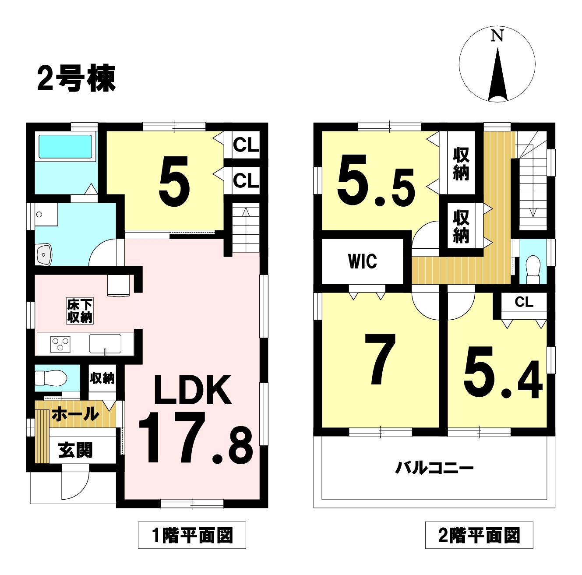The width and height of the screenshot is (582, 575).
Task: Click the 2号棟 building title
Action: [76, 78]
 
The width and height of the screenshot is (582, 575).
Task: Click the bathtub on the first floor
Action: [65, 147]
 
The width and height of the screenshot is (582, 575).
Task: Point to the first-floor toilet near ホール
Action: [51, 378]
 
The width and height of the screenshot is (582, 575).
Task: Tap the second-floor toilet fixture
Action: [533, 270]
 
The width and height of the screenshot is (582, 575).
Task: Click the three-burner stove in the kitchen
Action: [60, 344]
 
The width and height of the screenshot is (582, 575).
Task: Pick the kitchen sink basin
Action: [105, 344]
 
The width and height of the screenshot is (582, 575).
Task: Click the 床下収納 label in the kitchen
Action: [80, 311]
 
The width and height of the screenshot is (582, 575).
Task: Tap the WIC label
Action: [363, 261]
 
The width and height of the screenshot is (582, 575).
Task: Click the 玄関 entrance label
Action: [75, 451]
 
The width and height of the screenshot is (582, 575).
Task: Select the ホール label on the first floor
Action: [75, 414]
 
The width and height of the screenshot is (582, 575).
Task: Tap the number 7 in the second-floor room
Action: [380, 359]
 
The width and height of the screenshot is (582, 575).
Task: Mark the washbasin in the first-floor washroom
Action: [44, 255]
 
